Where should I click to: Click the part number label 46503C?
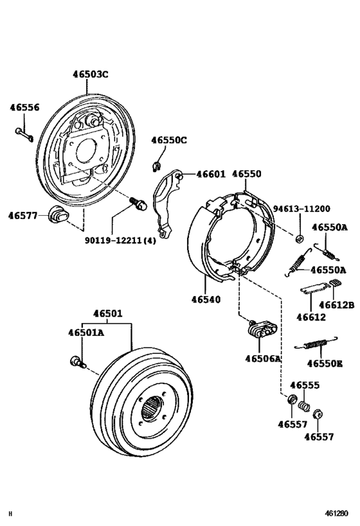pyautogui.click(x=90, y=75)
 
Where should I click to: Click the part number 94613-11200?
pyautogui.click(x=301, y=209)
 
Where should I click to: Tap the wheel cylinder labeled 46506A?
pyautogui.click(x=261, y=330)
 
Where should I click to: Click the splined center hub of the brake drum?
pyautogui.click(x=154, y=408)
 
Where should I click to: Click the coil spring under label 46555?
pyautogui.click(x=305, y=406)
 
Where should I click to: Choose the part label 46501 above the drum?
pyautogui.click(x=107, y=314)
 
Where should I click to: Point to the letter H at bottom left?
pyautogui.click(x=10, y=514)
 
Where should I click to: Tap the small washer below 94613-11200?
pyautogui.click(x=300, y=239)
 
